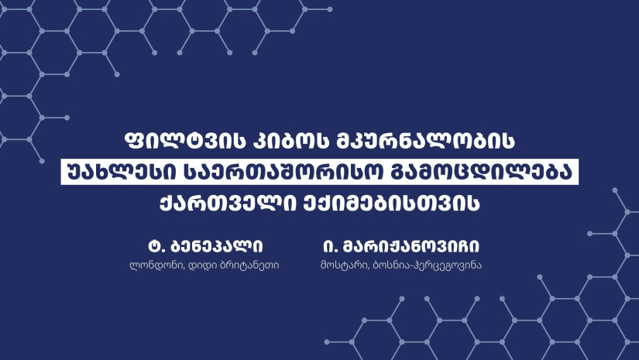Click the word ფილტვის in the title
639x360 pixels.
point(184,140)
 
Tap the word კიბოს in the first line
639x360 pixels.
point(290,140)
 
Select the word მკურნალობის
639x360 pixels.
point(425,140)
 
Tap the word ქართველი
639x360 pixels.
point(228,203)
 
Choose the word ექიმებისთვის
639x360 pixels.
point(391,203)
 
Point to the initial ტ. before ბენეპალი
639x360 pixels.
point(156,246)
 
